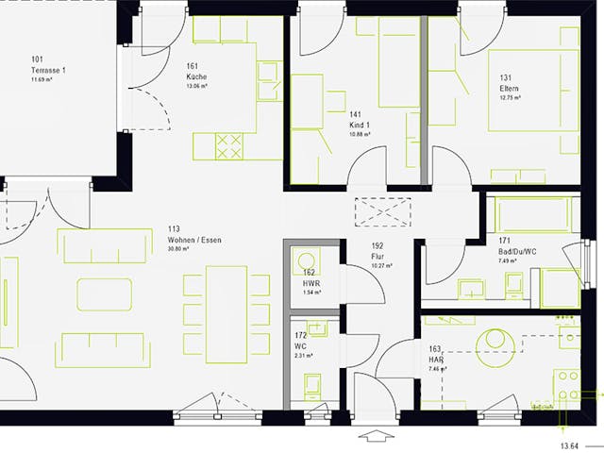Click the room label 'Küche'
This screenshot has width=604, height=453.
(197, 76)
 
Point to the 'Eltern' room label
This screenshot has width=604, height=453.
(510, 89)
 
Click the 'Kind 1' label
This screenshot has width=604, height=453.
(360, 125)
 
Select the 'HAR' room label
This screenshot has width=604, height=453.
(435, 359)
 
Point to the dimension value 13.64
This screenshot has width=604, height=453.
(569, 445)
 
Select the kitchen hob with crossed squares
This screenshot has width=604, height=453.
(229, 146)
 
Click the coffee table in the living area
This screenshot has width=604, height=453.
(104, 294)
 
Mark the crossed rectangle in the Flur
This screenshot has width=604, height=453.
(382, 212)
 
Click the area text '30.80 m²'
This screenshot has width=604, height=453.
(179, 250)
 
